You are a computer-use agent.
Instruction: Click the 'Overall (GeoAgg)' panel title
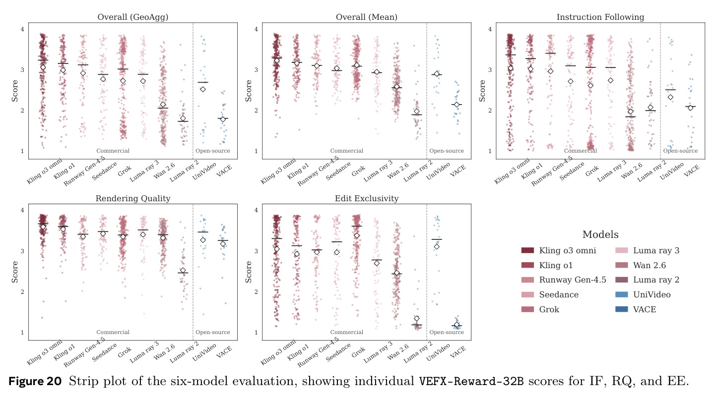point(133,17)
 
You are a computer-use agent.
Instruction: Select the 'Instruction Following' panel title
point(600,17)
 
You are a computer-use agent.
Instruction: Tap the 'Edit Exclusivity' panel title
point(367,198)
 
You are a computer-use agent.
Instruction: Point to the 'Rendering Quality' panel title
point(133,198)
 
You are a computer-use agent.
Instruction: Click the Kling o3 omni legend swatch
point(527,250)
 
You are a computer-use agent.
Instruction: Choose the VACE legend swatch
point(622,309)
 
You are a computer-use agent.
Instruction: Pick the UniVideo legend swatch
point(622,294)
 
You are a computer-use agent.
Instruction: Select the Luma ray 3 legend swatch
point(622,250)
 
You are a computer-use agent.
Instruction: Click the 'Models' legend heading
point(600,234)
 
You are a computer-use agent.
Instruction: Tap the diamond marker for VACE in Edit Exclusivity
point(457,325)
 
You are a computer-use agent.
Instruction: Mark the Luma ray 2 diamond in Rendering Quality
point(183,271)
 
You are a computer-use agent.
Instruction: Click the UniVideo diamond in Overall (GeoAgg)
point(203,89)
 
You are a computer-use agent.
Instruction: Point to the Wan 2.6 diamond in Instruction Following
point(630,112)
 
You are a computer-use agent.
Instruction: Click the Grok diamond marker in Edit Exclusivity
point(357,236)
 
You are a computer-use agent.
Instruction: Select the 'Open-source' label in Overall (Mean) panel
point(447,151)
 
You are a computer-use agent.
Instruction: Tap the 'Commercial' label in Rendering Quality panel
point(113,332)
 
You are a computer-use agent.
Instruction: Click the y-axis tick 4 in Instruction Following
point(490,29)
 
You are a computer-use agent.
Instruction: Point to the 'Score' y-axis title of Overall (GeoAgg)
point(15,91)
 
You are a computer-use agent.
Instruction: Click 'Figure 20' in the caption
point(35,381)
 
